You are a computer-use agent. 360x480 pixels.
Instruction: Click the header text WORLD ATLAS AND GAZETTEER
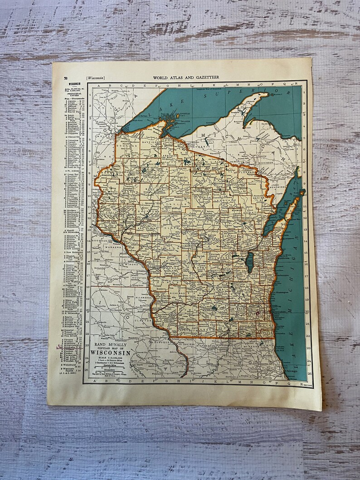pos(186,78)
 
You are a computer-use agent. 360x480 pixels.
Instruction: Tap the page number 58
pos(66,78)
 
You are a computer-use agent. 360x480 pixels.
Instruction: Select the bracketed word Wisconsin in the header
pos(94,78)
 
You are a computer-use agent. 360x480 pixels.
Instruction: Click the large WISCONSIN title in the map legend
pos(111,353)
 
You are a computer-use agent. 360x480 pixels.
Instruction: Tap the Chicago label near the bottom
pos(291,371)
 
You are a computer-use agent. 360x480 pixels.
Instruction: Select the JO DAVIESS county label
pos(187,343)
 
